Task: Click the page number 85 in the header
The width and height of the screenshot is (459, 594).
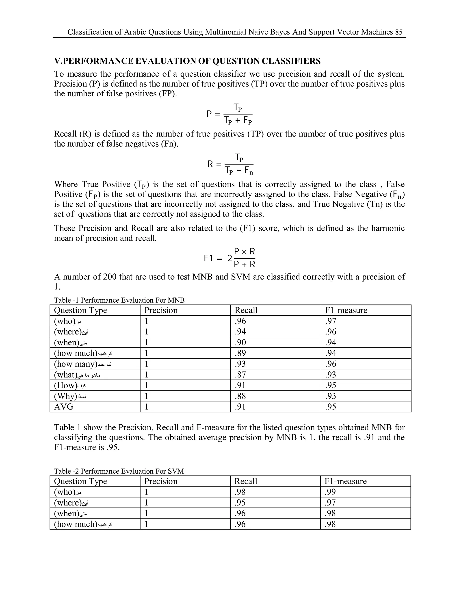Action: (x=399, y=32)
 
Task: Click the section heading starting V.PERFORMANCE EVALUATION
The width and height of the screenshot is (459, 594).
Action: (x=187, y=61)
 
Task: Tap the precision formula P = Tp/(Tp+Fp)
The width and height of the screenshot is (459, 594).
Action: (x=230, y=114)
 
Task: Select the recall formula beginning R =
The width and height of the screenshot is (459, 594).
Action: (x=231, y=164)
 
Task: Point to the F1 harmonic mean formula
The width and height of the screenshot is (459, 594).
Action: (x=230, y=258)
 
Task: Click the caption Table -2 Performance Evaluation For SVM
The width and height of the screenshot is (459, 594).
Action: (x=119, y=471)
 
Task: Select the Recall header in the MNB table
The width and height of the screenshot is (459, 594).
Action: (x=246, y=310)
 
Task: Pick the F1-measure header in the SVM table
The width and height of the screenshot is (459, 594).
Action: (x=345, y=481)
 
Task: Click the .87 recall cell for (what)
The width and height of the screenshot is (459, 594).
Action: (x=240, y=375)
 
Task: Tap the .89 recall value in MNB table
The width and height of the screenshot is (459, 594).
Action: (x=240, y=353)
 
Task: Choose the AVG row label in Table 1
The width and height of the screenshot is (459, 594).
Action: (x=64, y=407)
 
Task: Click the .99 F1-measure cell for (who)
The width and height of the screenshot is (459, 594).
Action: (x=330, y=492)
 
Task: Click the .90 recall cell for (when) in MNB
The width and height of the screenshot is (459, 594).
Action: (x=240, y=343)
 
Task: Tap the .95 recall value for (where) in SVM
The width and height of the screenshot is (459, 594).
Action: (x=240, y=503)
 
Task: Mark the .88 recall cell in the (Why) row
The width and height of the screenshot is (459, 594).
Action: (x=240, y=396)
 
